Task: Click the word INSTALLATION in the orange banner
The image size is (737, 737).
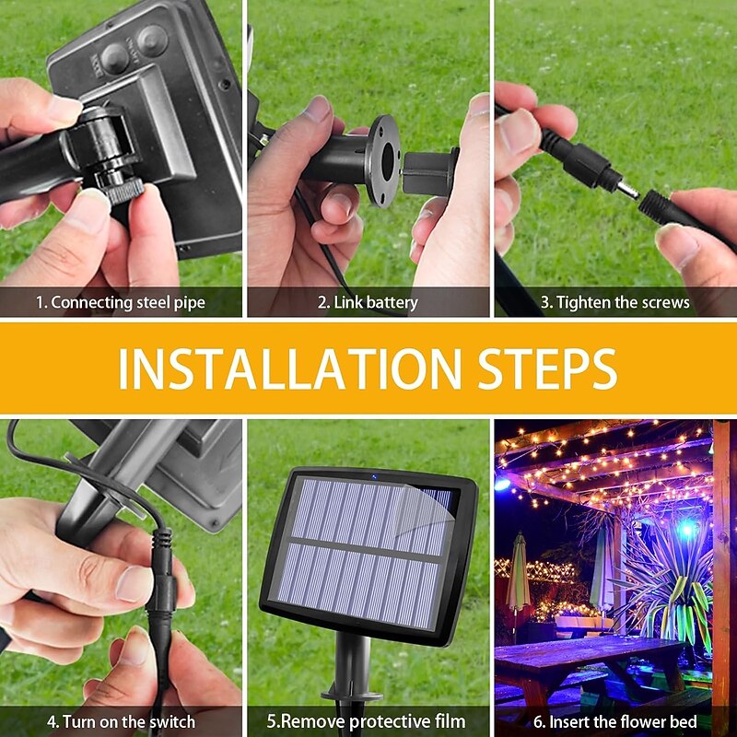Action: click(x=289, y=368)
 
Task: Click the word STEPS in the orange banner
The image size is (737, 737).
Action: click(x=547, y=368)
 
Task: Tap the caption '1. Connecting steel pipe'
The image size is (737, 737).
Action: click(x=121, y=302)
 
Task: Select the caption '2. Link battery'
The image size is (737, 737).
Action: click(x=368, y=302)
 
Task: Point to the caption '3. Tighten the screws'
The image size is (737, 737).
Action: click(x=615, y=302)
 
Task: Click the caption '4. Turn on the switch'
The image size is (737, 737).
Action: click(x=121, y=721)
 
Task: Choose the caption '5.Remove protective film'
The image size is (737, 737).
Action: click(x=366, y=721)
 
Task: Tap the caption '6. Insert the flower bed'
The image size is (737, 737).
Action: click(x=615, y=721)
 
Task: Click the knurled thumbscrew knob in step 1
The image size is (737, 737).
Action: click(x=123, y=192)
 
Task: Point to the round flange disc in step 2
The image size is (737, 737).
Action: click(x=382, y=160)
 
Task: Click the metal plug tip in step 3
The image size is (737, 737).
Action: click(x=627, y=190)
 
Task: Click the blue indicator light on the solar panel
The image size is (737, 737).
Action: click(x=374, y=477)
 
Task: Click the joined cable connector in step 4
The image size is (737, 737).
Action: click(x=161, y=578)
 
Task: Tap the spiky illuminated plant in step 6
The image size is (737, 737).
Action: click(x=667, y=592)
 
